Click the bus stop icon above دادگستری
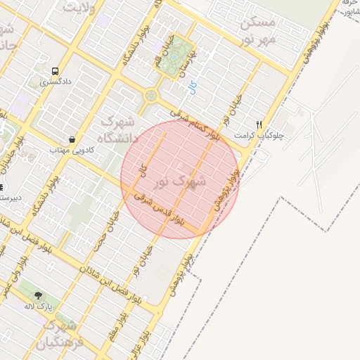[55, 71]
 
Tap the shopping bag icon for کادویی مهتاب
[72, 139]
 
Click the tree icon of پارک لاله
[38, 295]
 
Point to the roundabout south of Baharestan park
[150, 96]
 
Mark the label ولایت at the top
[79, 6]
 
